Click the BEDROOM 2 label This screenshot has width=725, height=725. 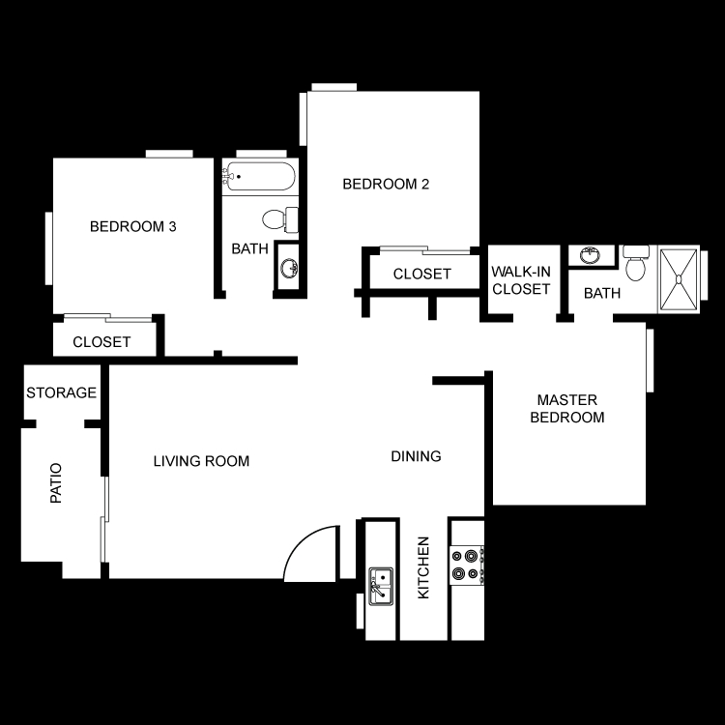pyautogui.click(x=386, y=184)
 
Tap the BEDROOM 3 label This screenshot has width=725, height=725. pyautogui.click(x=133, y=226)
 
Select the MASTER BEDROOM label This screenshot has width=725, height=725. pyautogui.click(x=567, y=408)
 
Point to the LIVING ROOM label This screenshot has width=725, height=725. pyautogui.click(x=201, y=461)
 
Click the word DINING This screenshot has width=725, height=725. pyautogui.click(x=416, y=456)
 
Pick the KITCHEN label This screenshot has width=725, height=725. pyautogui.click(x=423, y=567)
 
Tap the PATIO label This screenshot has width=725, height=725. pyautogui.click(x=56, y=482)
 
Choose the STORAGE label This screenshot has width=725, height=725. pyautogui.click(x=62, y=392)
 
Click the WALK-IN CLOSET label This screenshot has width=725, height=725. pyautogui.click(x=521, y=280)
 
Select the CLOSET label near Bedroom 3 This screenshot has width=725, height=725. pyautogui.click(x=101, y=341)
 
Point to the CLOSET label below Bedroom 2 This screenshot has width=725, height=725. pyautogui.click(x=422, y=274)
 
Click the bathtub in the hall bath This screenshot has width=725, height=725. pyautogui.click(x=259, y=176)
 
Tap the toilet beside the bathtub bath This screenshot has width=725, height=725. pyautogui.click(x=280, y=219)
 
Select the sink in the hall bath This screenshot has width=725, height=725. pyautogui.click(x=289, y=268)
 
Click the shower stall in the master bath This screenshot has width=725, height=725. pyautogui.click(x=679, y=279)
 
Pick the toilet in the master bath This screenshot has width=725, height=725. pyautogui.click(x=636, y=263)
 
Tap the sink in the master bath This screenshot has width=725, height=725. pyautogui.click(x=590, y=255)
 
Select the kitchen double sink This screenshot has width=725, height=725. pyautogui.click(x=381, y=587)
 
